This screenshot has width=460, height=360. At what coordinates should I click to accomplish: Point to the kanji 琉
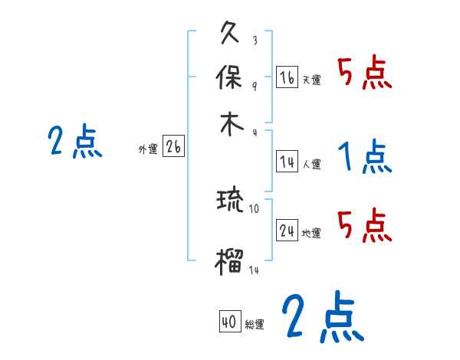click(x=231, y=201)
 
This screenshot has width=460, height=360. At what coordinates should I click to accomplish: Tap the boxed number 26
click(x=173, y=148)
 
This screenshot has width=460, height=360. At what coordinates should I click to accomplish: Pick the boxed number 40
click(x=229, y=322)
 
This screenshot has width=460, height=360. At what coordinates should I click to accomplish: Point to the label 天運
click(x=311, y=80)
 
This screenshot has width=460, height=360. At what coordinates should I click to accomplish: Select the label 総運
click(x=255, y=325)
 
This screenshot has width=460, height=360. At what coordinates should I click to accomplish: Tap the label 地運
click(x=311, y=233)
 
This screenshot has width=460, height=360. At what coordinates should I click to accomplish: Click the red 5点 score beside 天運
click(x=364, y=74)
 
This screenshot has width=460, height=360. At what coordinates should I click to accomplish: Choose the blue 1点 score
click(x=364, y=158)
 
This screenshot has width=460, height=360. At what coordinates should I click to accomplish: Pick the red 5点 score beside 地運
click(x=364, y=225)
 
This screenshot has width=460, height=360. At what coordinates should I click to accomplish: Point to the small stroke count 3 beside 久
click(x=254, y=41)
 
